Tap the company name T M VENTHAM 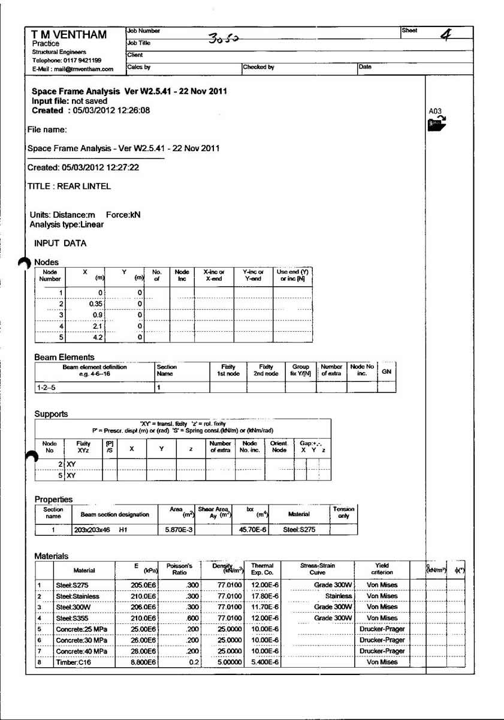69,35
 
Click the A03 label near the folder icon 435,112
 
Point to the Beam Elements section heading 64,357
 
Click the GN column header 387,371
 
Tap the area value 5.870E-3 176,530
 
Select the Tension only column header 343,512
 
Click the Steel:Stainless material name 77,596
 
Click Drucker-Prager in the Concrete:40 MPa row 382,651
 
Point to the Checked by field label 259,67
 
